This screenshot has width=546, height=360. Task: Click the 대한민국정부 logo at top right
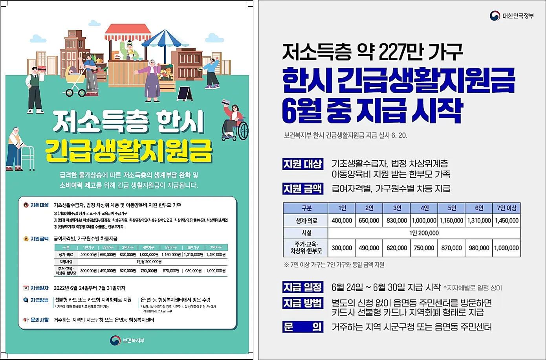tap(511, 16)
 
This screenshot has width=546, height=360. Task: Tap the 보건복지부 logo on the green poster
tap(127, 340)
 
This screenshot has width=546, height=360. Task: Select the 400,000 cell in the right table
tap(342, 220)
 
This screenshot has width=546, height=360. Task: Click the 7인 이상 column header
tap(506, 208)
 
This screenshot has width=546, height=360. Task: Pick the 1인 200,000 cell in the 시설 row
tap(424, 233)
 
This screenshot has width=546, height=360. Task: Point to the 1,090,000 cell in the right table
tap(506, 248)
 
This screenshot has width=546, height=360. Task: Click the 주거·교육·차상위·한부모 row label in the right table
tap(306, 248)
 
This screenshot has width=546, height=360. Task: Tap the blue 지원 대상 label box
tap(303, 164)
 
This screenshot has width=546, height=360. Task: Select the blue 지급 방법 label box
tap(303, 303)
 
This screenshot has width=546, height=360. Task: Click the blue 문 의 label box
tap(303, 327)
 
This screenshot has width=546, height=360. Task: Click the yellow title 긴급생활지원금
tap(129, 151)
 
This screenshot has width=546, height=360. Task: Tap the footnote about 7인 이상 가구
tap(334, 265)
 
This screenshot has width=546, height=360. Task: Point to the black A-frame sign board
tap(185, 94)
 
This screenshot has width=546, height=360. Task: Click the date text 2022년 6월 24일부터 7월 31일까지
tap(90, 288)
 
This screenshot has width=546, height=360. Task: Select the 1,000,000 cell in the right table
tap(424, 220)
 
